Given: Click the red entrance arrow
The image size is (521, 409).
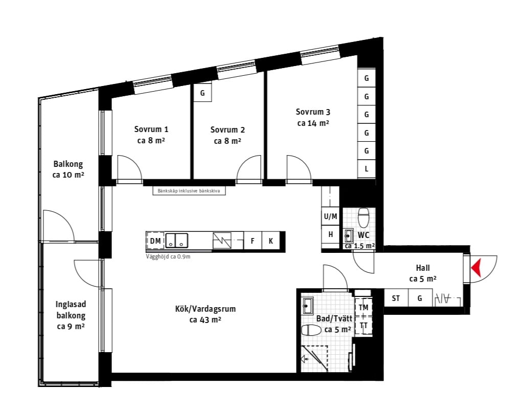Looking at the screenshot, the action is pos(476,268).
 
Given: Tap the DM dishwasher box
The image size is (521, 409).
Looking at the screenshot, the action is pos(155,241).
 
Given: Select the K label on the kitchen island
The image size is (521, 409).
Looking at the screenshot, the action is pos(271,241).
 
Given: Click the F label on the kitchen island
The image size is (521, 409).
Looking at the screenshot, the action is pos(253,241).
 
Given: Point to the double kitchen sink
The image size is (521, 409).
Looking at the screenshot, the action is pos(177,240).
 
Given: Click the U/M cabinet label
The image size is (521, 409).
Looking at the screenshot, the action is pos(330,217).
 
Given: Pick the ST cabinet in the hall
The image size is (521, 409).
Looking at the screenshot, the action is pos(396,298).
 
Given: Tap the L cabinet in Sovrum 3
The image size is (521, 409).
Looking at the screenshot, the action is pos(367,169).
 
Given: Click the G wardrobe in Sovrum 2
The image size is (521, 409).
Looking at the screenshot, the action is pos(202,93).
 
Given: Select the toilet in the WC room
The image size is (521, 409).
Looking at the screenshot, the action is pos(364,218).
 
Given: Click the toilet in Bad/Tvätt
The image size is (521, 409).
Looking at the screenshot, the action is pos(311,330).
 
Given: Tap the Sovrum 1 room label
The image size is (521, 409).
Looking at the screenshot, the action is pos(151,135).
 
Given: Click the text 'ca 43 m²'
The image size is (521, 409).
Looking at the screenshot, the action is pos(206,320).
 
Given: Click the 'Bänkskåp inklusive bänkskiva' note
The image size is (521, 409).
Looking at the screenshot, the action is pos(189,191).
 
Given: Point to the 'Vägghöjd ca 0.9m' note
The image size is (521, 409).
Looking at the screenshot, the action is pos(168,256).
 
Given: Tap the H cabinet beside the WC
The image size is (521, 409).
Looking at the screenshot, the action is pos(331,234).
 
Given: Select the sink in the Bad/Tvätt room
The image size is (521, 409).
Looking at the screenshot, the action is pos(308,306).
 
